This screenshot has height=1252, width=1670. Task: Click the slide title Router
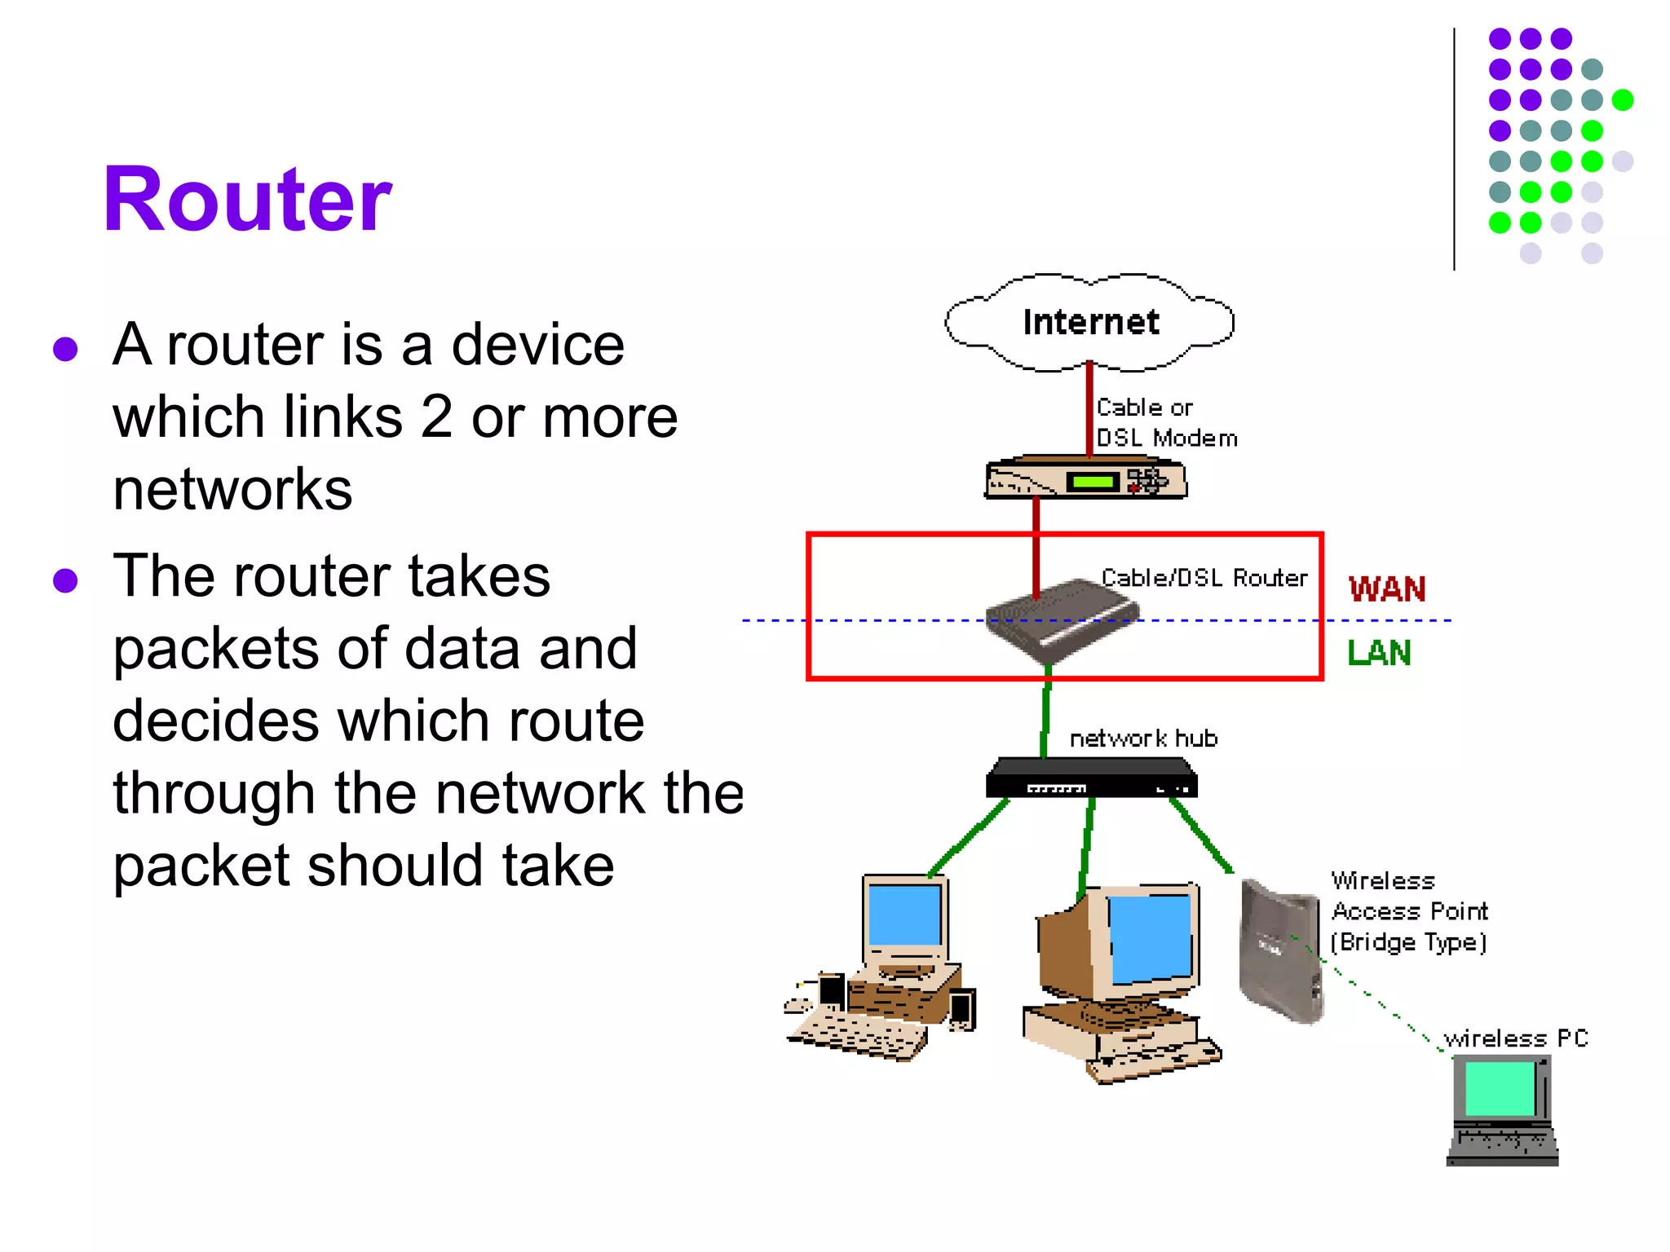(x=247, y=200)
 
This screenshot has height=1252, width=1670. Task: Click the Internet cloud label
(x=1090, y=322)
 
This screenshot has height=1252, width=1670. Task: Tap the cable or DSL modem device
(x=1085, y=478)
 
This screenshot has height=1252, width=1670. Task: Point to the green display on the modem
(x=1093, y=482)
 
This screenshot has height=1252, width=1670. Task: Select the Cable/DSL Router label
(x=1204, y=578)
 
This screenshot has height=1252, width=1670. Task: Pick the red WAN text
(x=1386, y=589)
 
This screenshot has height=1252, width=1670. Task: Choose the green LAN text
(x=1379, y=653)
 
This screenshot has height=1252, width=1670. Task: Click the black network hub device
(x=1091, y=778)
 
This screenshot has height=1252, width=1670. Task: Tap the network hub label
(x=1143, y=738)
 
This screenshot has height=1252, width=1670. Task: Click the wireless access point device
(x=1279, y=950)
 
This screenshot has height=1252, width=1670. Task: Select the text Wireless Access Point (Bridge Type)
(x=1409, y=911)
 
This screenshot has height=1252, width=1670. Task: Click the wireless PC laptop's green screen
(x=1500, y=1089)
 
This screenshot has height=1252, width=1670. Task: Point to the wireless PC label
(x=1515, y=1038)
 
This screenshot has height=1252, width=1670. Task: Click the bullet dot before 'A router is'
(x=65, y=349)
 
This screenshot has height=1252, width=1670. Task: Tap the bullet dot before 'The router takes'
(x=65, y=580)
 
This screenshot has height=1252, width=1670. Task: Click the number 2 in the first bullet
(x=436, y=417)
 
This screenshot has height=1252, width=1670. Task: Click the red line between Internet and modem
(x=1089, y=408)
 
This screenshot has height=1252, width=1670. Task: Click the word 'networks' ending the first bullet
(x=232, y=490)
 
